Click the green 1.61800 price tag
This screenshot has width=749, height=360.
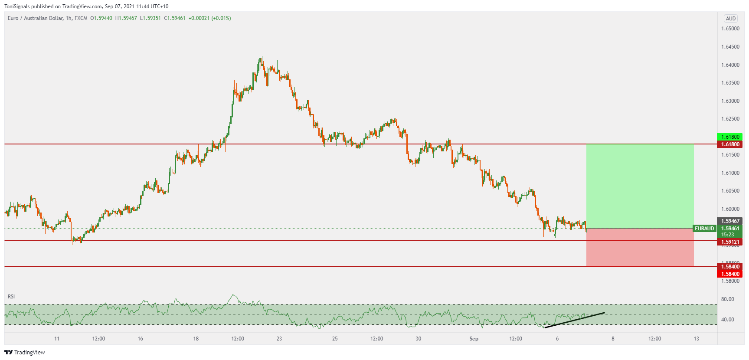tap(730, 137)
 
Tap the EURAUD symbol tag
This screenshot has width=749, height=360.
tap(704, 229)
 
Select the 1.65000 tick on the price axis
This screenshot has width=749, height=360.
tap(730, 29)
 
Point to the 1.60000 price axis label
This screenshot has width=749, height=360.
tap(730, 209)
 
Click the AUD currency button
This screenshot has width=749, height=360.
tap(731, 19)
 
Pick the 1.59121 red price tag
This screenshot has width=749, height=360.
tap(730, 242)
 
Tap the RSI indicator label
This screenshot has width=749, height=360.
tap(11, 297)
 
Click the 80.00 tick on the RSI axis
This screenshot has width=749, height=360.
tap(727, 299)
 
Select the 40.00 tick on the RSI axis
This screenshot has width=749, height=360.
tap(727, 320)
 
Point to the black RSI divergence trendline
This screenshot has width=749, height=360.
tap(575, 320)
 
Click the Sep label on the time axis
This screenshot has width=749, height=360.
tap(474, 339)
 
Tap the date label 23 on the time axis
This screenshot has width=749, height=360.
tap(279, 339)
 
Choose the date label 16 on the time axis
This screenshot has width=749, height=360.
tap(140, 339)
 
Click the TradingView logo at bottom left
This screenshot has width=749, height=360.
tap(25, 352)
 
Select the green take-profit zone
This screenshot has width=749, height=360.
tap(640, 186)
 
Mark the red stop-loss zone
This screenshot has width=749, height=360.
tap(640, 247)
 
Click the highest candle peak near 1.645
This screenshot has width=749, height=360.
tap(260, 54)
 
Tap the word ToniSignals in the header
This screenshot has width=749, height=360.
tap(17, 7)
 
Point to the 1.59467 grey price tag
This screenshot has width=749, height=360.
tap(730, 221)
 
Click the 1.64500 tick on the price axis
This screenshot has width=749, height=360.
tap(730, 47)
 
